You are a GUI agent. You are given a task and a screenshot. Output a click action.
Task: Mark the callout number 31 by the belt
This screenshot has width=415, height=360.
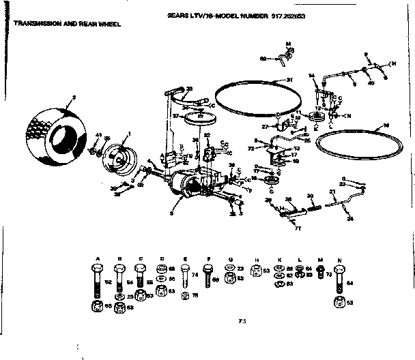coord(289,80)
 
